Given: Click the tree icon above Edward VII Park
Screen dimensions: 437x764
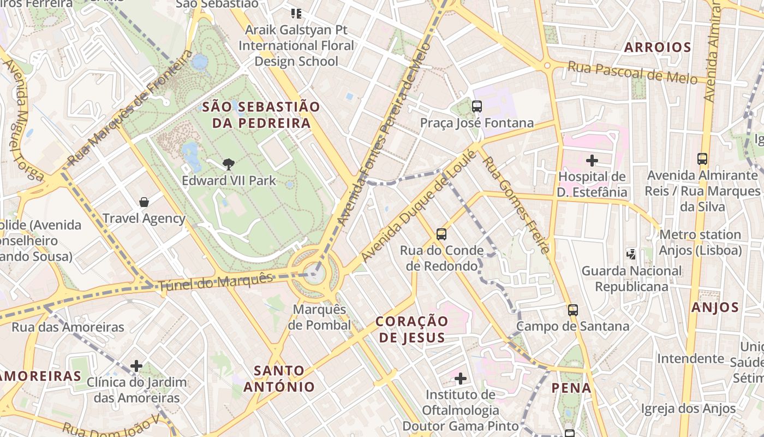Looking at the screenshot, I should click(228, 163).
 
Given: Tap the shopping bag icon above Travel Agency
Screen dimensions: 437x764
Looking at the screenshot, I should click(144, 202).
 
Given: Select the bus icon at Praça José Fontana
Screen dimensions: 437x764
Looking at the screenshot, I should click(477, 107).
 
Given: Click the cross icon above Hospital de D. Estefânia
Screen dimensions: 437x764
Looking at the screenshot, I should click(592, 161).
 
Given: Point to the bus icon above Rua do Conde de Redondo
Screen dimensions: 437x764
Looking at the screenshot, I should click(441, 234).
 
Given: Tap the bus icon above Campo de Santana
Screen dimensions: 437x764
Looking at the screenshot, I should click(573, 310).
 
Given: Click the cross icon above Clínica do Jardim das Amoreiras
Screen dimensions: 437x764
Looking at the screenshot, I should click(136, 365).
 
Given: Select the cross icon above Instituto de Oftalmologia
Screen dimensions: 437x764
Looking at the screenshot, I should click(461, 378).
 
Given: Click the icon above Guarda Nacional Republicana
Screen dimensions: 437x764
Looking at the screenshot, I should click(631, 254).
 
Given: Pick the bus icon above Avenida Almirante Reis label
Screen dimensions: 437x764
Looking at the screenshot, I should click(702, 159).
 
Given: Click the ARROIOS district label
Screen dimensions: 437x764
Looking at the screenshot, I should click(658, 48).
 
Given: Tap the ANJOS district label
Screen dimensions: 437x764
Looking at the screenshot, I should click(715, 308).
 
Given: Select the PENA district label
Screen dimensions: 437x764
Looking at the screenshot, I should click(571, 388).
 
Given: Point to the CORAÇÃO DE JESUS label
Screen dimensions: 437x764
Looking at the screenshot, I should click(412, 329).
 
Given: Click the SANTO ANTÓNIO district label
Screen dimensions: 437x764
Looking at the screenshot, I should click(279, 379).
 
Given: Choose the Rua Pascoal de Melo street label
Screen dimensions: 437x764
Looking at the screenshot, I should click(632, 72).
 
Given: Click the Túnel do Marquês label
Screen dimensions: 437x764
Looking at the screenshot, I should click(215, 282).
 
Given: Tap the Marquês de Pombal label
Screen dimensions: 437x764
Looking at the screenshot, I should click(320, 317).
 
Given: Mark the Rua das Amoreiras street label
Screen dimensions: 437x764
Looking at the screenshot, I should click(68, 327).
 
